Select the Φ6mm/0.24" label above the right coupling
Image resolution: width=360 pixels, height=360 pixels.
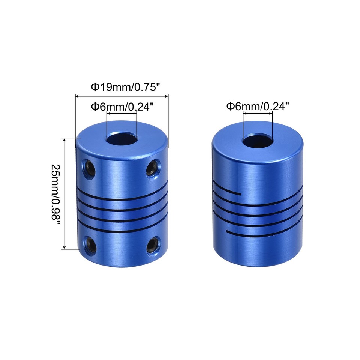258,107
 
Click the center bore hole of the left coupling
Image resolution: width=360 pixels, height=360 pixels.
121,139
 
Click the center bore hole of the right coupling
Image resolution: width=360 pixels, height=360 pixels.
257,141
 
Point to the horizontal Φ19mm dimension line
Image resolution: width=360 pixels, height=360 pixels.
122,96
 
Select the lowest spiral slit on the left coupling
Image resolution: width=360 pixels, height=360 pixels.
122,229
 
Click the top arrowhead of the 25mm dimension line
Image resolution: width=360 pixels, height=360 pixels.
65,140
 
